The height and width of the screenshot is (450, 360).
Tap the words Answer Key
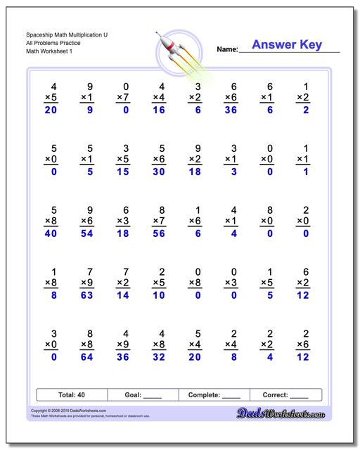[286, 45]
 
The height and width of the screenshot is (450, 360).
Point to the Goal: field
[142, 395]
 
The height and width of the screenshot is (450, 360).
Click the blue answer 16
[162, 110]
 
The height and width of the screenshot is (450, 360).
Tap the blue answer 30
[162, 172]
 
